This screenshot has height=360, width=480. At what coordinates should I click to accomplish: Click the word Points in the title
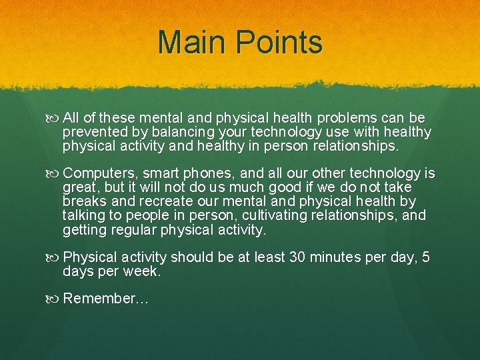click(x=281, y=43)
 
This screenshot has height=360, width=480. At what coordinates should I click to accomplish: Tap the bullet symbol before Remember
click(x=54, y=299)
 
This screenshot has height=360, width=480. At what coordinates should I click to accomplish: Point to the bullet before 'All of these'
click(x=54, y=118)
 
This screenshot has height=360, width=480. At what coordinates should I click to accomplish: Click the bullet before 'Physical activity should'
click(x=54, y=257)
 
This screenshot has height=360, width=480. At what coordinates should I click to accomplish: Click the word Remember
click(x=99, y=299)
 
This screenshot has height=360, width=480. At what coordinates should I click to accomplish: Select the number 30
click(x=298, y=257)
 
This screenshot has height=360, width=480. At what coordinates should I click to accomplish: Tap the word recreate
click(x=158, y=201)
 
